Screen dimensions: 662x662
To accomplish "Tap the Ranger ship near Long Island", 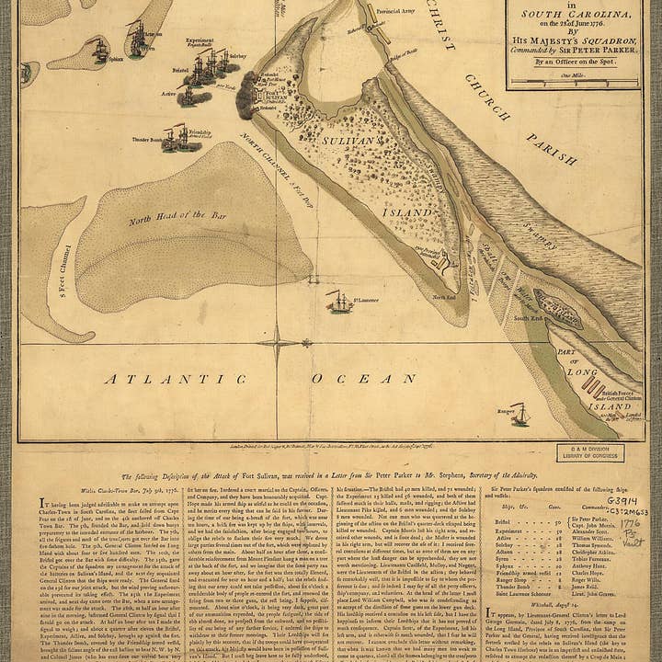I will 519,415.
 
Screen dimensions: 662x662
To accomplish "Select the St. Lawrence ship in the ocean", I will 339,301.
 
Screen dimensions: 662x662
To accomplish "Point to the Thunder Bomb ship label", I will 147,140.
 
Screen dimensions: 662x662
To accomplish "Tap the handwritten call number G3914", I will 622,501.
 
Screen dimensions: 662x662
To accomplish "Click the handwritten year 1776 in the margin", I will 629,524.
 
